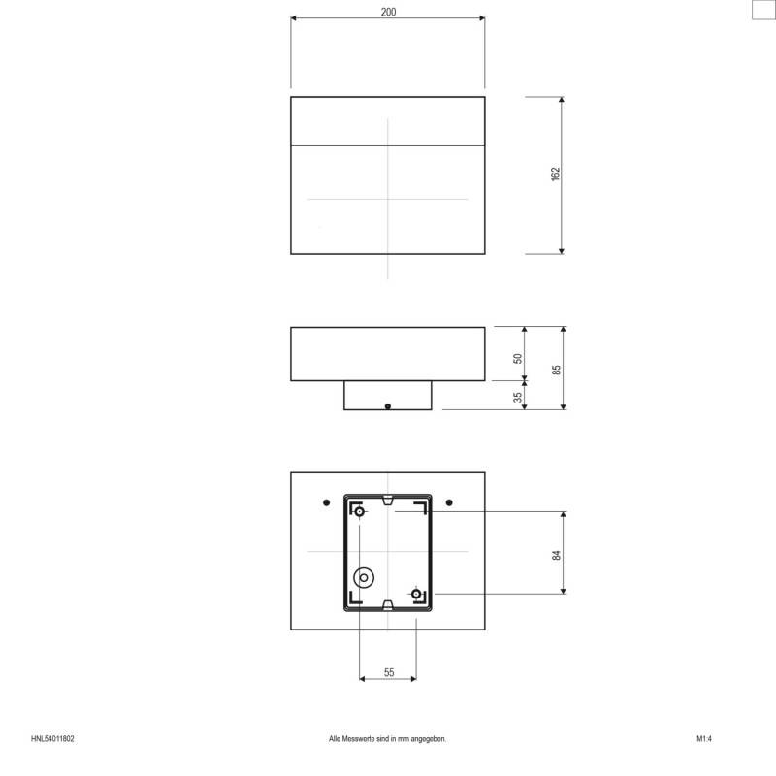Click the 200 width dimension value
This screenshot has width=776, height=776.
pos(388,12)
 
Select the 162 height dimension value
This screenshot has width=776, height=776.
pos(555,175)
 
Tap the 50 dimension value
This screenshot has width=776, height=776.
pos(518,358)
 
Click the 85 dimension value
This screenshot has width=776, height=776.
pos(557,369)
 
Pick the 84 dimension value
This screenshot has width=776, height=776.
pos(556,554)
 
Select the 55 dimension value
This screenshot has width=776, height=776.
pos(388,672)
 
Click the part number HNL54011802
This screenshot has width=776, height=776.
pos(52,739)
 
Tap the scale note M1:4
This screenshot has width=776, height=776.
pos(704,739)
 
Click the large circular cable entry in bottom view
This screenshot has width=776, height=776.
pos(364,577)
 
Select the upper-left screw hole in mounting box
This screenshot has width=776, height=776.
pos(360,511)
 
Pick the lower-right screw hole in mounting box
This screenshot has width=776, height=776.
pos(416,594)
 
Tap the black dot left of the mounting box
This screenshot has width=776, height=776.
pos(326,502)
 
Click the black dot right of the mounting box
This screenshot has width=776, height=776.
pos(449,502)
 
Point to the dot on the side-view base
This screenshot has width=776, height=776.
pos(387,407)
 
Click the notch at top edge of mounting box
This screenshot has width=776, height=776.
pos(388,501)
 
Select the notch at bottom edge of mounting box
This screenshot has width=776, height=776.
pos(388,607)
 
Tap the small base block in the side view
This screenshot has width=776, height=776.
pos(387,396)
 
